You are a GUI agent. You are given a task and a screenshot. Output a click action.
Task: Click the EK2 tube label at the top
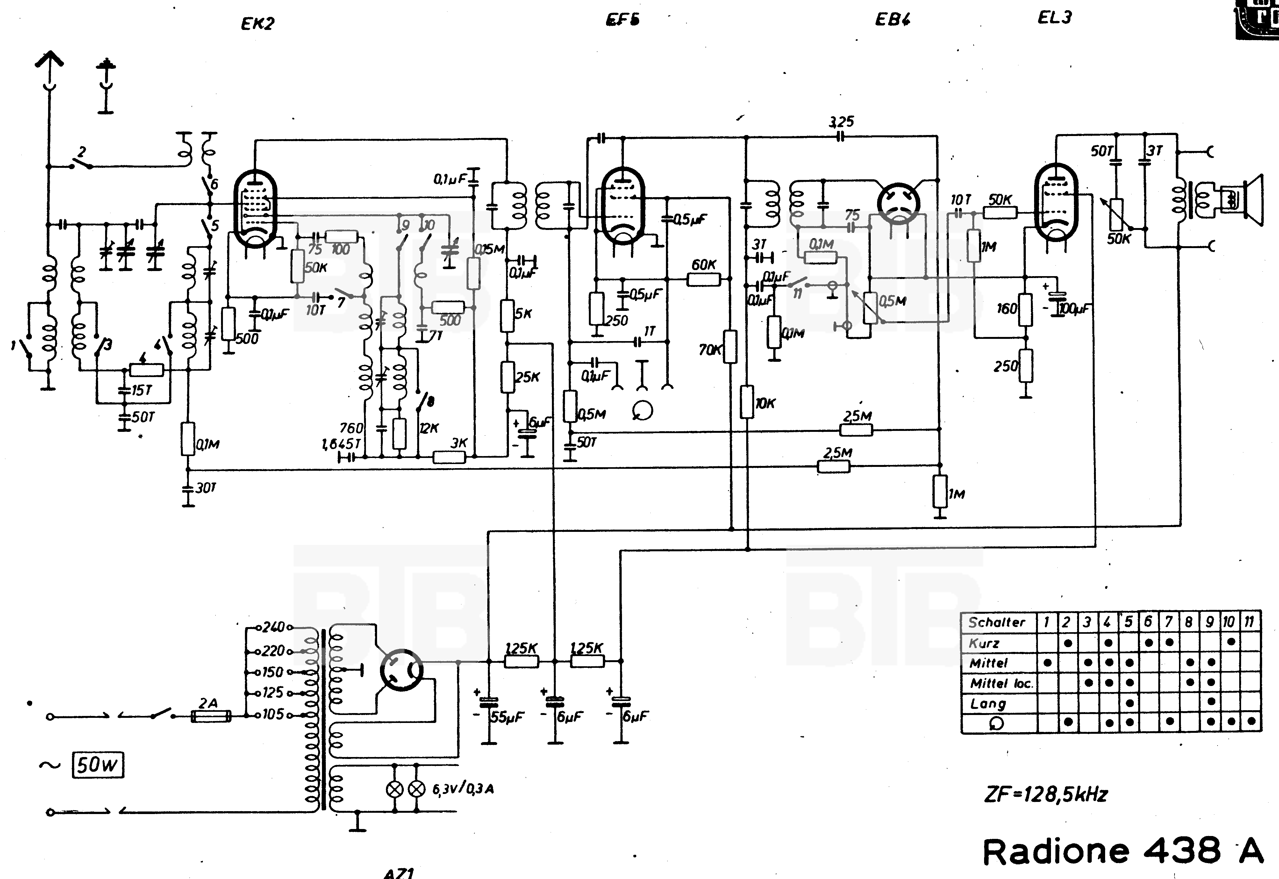[257, 24]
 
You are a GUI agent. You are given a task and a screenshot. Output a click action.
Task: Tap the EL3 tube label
[1054, 18]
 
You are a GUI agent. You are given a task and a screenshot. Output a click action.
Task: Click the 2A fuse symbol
[210, 716]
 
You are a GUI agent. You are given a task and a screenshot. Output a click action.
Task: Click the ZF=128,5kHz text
[1045, 794]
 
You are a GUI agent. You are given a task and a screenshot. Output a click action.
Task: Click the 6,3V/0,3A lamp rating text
[462, 789]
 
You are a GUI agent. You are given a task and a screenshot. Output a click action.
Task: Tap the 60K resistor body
[703, 280]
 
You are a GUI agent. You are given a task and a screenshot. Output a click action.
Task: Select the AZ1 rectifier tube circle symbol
[401, 670]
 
